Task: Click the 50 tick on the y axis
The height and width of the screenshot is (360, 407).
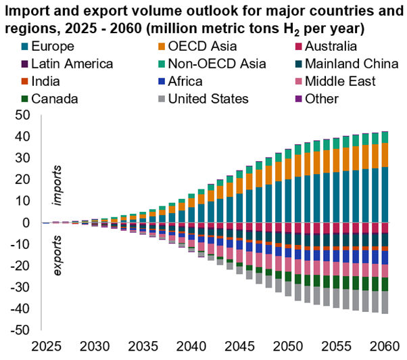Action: click(21, 115)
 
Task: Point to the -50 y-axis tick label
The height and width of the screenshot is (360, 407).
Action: click(18, 330)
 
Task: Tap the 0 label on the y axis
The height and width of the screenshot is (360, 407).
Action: click(25, 223)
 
